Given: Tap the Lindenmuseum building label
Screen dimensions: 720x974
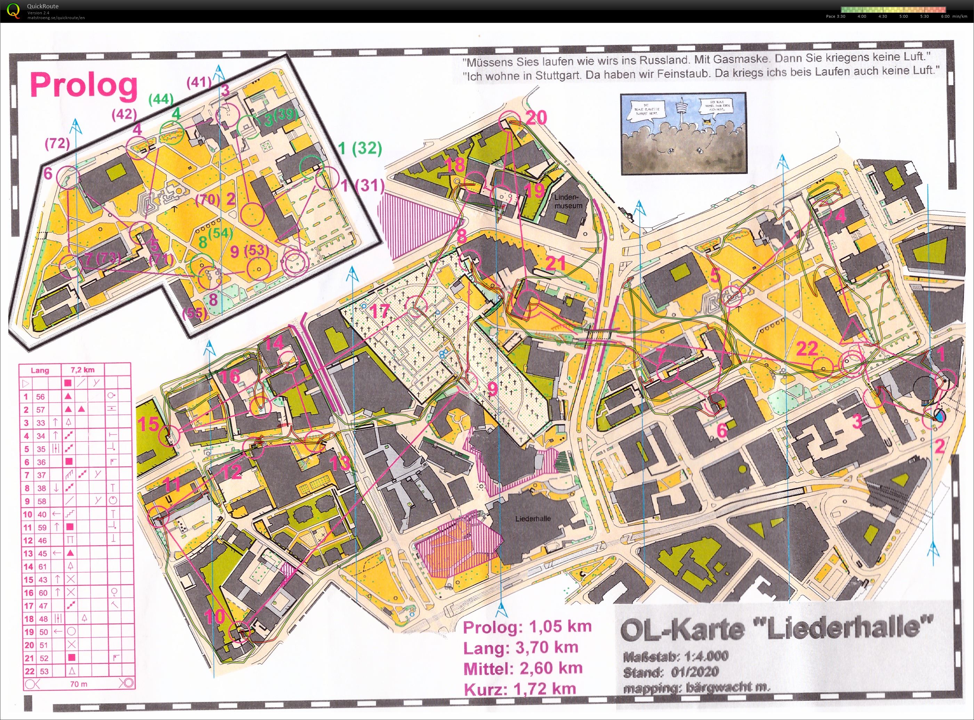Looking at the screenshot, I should pyautogui.click(x=568, y=201).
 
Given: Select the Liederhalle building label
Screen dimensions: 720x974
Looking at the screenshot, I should pyautogui.click(x=533, y=519).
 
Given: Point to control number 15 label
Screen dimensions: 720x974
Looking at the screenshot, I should pyautogui.click(x=148, y=423).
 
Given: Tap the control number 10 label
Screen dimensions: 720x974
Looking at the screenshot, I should pyautogui.click(x=214, y=616).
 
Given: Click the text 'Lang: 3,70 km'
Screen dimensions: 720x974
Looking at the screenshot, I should pyautogui.click(x=520, y=648).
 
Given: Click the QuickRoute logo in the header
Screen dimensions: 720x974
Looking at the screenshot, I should pyautogui.click(x=14, y=11).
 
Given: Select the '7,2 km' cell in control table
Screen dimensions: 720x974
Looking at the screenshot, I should pyautogui.click(x=82, y=370).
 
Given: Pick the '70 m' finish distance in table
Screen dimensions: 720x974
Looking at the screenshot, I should pyautogui.click(x=79, y=684).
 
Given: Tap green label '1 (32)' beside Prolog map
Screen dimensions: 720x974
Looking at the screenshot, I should pyautogui.click(x=360, y=149).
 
